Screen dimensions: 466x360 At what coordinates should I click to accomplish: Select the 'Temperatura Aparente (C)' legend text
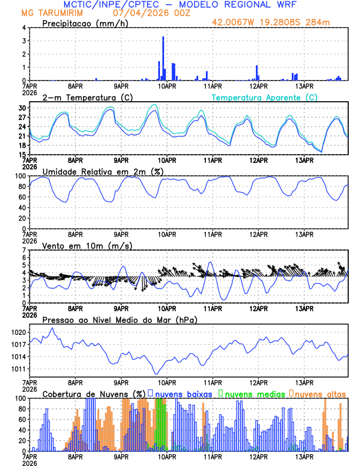click(x=265, y=97)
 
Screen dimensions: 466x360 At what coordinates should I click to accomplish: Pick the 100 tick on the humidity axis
click(x=21, y=176)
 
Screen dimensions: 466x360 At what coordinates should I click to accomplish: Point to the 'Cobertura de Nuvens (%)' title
click(x=94, y=394)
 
